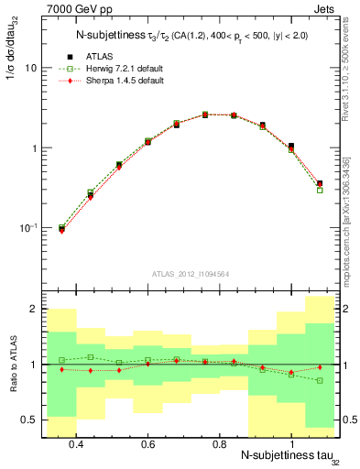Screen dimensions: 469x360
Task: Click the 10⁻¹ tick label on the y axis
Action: (27, 228)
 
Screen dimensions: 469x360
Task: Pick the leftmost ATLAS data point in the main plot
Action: (61, 228)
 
